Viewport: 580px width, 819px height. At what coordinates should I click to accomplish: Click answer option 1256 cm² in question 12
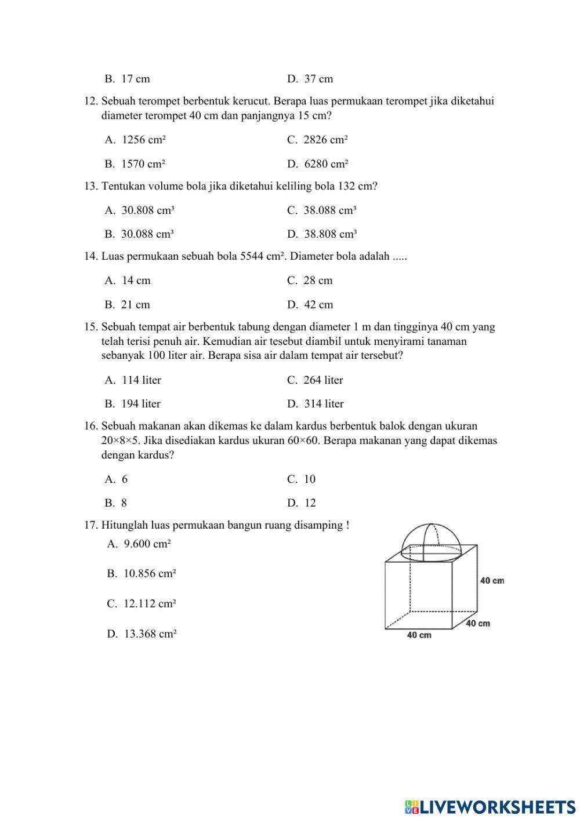[136, 140]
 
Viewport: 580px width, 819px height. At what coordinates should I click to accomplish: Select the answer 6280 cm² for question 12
[318, 164]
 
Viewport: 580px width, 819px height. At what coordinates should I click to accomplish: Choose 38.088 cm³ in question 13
[322, 210]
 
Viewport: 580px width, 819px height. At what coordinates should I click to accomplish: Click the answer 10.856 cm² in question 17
[142, 574]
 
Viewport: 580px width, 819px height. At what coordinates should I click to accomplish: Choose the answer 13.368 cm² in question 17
[142, 634]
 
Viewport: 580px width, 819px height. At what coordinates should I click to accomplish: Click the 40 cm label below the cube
[419, 635]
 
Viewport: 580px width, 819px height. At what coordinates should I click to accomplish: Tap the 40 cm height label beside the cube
[492, 581]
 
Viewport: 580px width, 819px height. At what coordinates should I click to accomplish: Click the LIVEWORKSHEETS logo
[490, 806]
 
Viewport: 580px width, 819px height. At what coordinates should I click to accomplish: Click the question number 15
[91, 327]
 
